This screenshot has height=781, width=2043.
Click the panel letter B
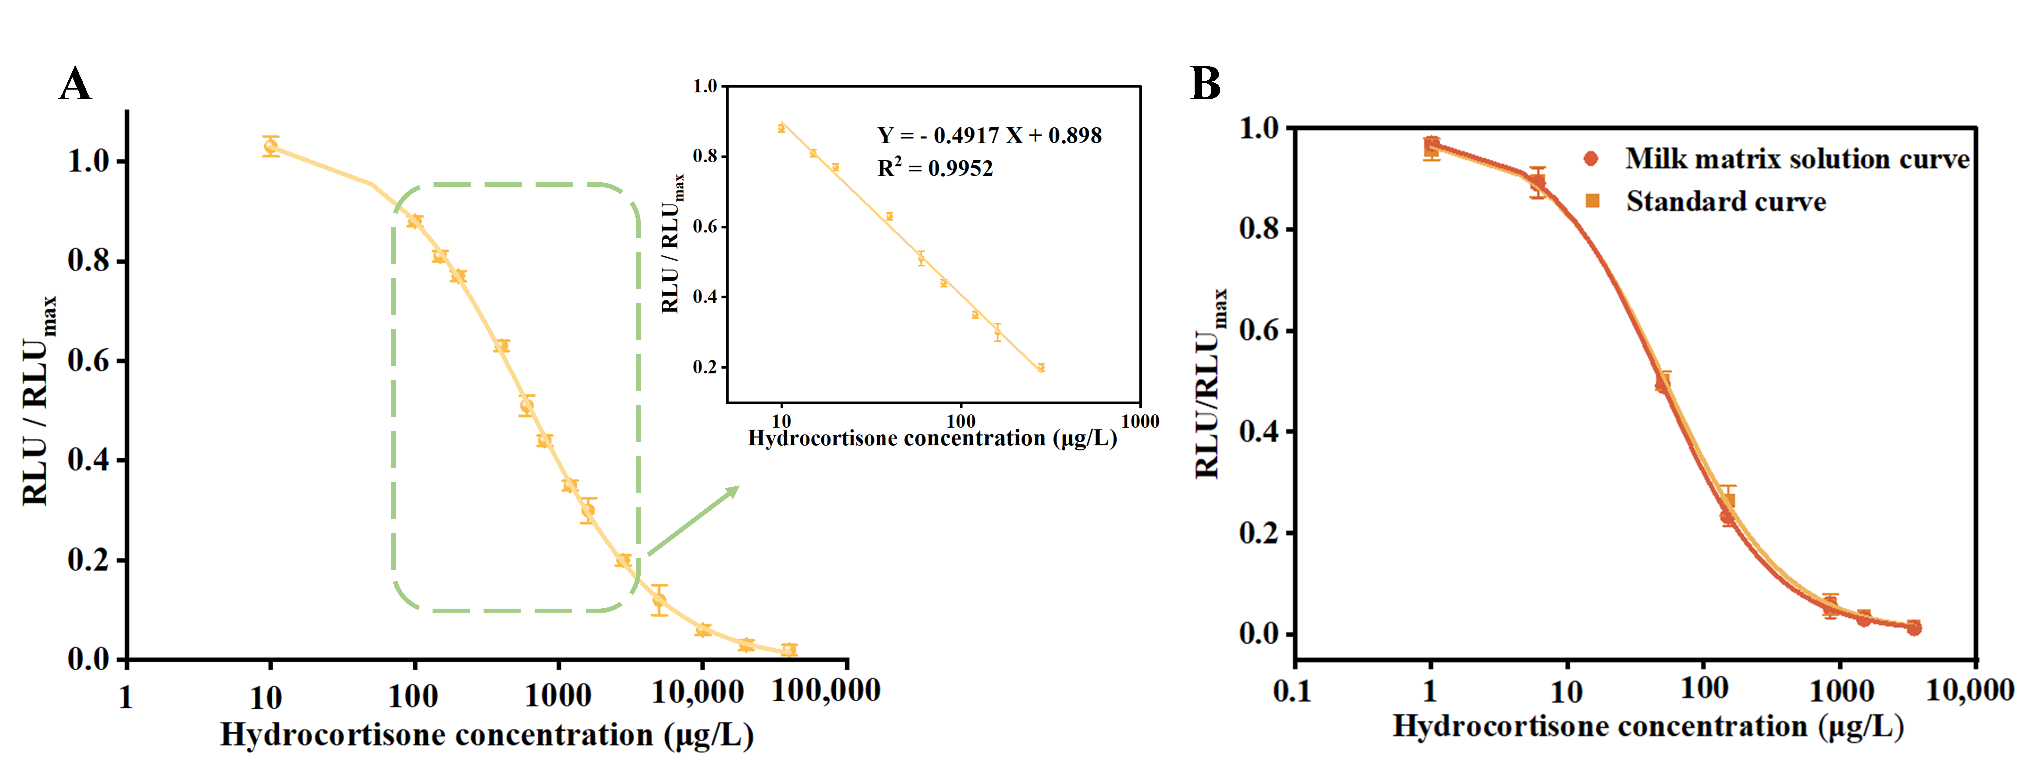coord(1205,83)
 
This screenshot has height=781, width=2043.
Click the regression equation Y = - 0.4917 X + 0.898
coord(989,136)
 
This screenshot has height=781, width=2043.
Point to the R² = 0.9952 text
coord(934,168)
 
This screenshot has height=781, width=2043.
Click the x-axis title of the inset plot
coord(932,438)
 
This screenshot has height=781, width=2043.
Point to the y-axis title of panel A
coord(38,401)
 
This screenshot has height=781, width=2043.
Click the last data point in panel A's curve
coord(788,649)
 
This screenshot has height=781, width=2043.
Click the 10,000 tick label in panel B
coord(1970,690)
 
